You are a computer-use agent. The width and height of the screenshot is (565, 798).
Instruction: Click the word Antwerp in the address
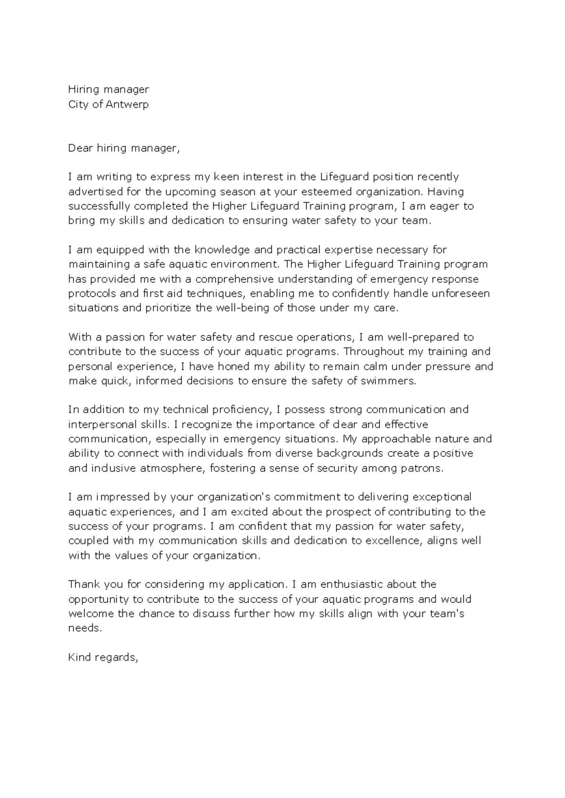[127, 104]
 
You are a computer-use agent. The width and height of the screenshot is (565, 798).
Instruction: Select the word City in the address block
[79, 104]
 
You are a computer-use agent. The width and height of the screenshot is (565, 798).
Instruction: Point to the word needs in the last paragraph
[85, 628]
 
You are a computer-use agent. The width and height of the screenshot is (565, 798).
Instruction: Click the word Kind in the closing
[80, 657]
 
